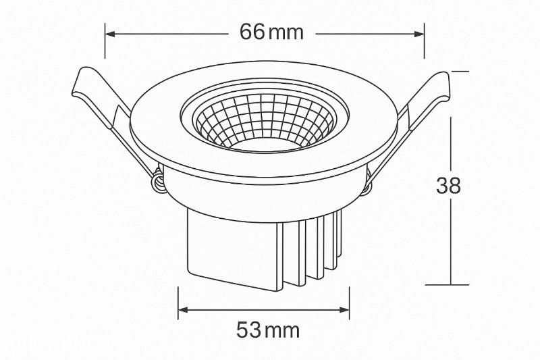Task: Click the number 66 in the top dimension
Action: (x=252, y=32)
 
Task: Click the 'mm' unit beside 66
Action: (x=286, y=34)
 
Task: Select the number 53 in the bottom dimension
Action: (x=248, y=330)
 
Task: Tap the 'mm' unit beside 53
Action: (x=282, y=332)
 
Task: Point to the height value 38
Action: (x=448, y=186)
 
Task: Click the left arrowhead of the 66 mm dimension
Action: (x=110, y=34)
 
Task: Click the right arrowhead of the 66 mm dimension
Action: (x=419, y=34)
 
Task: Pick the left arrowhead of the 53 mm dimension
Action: (x=183, y=310)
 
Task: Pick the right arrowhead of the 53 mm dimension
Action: (x=344, y=310)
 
